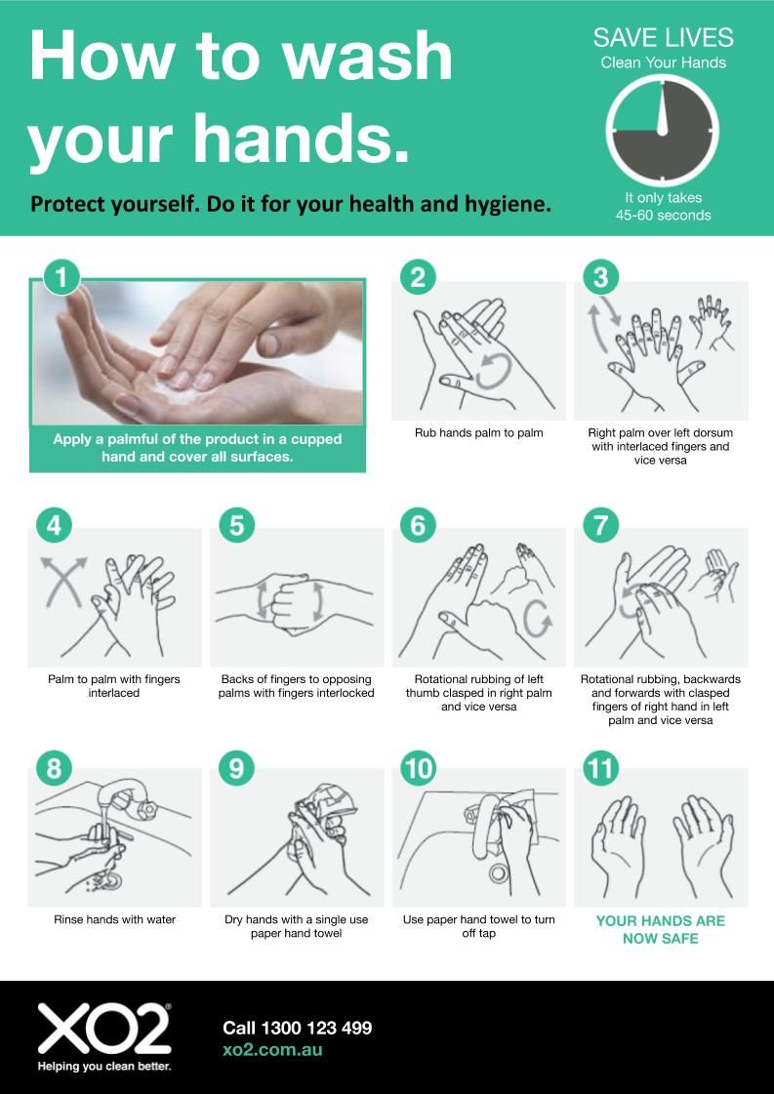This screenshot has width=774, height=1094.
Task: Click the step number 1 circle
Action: (61, 278)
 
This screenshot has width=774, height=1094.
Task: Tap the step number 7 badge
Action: (600, 525)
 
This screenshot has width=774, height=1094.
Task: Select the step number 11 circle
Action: (600, 767)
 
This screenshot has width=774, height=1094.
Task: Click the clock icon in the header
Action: (663, 131)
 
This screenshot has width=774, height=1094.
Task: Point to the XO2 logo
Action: (104, 1030)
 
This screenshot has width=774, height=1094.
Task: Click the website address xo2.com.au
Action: (272, 1049)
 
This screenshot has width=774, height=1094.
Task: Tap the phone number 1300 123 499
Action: (316, 1028)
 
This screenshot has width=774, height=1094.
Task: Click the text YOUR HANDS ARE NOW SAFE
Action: (660, 929)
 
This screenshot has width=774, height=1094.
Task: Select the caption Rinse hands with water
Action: (114, 919)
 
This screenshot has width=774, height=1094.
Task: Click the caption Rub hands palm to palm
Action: (479, 432)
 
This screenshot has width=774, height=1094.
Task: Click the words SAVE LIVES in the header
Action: (663, 38)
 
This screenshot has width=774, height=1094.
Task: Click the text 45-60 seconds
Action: (663, 216)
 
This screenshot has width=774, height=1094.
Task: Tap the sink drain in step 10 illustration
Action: (499, 872)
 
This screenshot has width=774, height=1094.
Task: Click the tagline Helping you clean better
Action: (104, 1066)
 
